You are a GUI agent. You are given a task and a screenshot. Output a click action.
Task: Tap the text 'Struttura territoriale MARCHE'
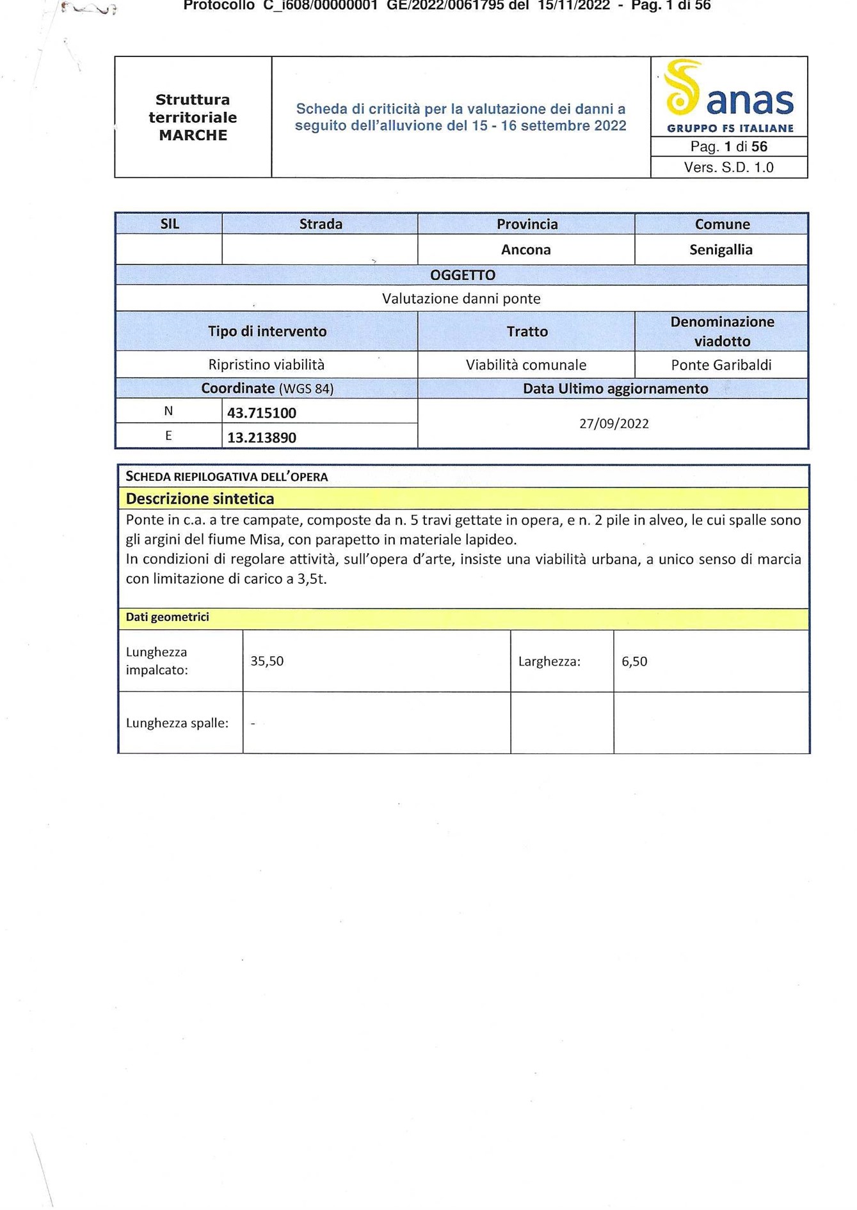(193, 118)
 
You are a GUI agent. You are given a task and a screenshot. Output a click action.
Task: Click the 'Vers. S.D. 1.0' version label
(728, 168)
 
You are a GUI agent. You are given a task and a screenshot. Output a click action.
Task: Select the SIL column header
(170, 224)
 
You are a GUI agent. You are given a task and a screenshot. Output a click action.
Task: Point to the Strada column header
(321, 224)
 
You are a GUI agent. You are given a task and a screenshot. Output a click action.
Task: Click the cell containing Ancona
(525, 250)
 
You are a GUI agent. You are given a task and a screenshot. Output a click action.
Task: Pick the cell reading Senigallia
(721, 250)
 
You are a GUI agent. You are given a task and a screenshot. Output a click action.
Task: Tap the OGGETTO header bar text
(462, 276)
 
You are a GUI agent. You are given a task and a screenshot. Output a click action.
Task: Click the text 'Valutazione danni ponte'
(461, 299)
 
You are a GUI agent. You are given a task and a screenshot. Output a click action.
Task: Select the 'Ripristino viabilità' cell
(266, 365)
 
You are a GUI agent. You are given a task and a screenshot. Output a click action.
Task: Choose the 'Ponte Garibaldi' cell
(721, 365)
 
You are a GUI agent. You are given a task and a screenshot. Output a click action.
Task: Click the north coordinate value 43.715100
(262, 413)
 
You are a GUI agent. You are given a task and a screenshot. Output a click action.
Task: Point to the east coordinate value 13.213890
(262, 438)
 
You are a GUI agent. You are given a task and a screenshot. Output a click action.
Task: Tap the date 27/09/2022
(613, 424)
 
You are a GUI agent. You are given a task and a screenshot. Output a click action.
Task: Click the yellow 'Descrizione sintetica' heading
(200, 499)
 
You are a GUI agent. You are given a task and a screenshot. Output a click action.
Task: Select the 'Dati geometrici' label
(167, 617)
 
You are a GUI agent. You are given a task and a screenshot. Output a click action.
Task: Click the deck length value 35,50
(267, 661)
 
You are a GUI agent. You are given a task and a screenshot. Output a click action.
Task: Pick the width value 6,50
(634, 662)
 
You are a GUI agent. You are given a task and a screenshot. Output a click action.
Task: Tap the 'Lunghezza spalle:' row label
(177, 723)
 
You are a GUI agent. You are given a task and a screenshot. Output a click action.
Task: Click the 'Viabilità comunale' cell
(525, 365)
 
